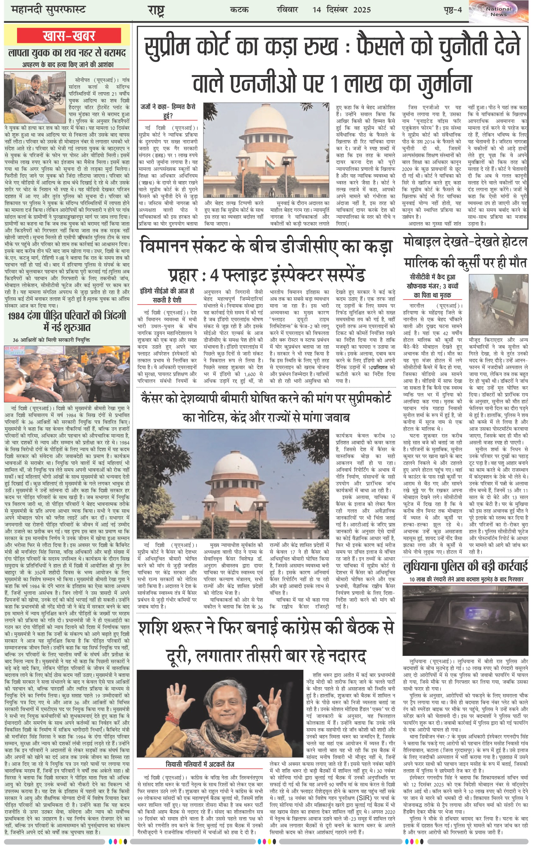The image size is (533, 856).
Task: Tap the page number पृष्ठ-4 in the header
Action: coord(452,9)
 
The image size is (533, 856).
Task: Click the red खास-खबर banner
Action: coord(69,36)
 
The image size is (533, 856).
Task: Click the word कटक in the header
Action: coord(239,10)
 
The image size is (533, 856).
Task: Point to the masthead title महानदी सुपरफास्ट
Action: coord(49,9)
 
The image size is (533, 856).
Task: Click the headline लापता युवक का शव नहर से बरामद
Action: coord(67,53)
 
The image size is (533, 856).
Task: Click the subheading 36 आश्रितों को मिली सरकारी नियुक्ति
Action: coord(51,340)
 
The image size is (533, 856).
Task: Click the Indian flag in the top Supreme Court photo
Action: coord(270,162)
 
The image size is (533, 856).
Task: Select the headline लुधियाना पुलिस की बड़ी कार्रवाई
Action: coord(465,567)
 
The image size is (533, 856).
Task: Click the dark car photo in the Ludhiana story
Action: coord(465,620)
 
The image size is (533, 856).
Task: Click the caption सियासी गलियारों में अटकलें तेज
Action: coord(200,764)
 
